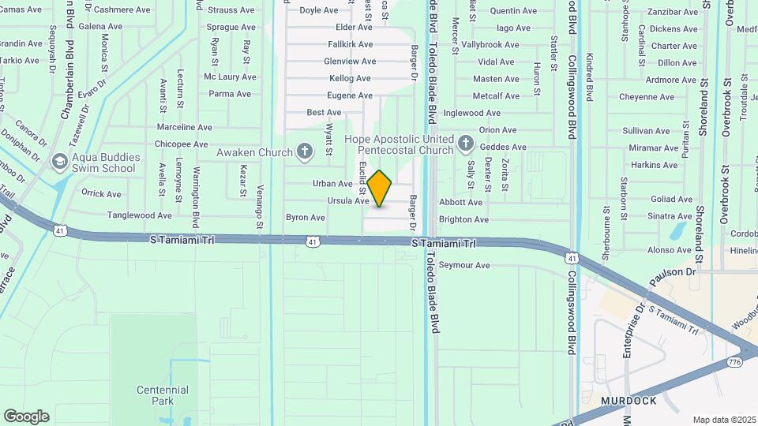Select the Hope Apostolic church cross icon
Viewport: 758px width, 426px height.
point(465,144)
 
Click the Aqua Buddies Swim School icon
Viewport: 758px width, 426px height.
point(58,162)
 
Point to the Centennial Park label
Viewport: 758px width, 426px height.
point(163,395)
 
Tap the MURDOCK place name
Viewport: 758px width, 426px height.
point(629,401)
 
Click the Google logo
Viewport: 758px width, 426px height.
point(26,417)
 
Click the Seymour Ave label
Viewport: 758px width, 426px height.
point(464,265)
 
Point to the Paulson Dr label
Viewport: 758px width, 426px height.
point(673,272)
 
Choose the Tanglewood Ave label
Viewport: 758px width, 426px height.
point(140,215)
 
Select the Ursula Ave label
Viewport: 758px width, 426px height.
point(348,201)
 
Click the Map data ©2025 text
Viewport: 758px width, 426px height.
point(724,420)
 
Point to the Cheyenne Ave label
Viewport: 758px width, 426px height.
point(647,98)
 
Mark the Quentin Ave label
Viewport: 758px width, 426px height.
point(513,11)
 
